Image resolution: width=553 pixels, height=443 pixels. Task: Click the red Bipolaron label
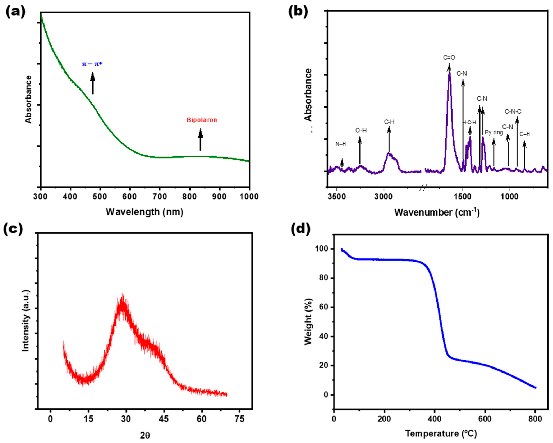202,120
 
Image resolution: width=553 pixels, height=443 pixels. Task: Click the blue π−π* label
92,64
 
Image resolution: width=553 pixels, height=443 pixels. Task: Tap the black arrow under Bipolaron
201,140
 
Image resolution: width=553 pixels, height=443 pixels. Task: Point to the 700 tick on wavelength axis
160,197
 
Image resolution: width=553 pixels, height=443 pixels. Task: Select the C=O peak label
449,58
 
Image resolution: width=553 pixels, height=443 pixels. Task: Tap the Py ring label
494,133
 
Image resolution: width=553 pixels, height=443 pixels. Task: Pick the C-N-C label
513,112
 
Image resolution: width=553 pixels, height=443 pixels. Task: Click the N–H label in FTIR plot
341,144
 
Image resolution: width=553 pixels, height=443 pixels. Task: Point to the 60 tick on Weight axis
323,307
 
